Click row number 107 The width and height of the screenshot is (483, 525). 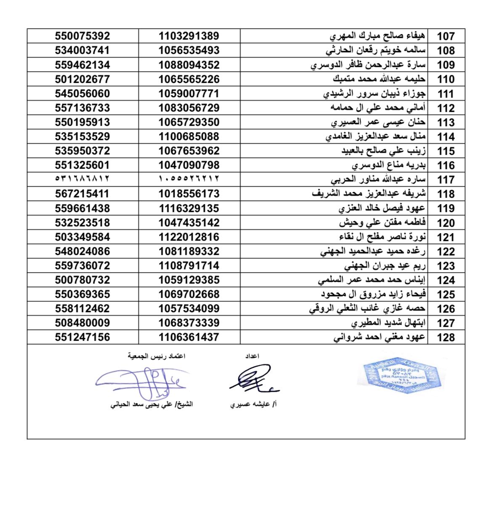tap(446, 36)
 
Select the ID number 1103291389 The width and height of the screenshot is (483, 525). tap(189, 36)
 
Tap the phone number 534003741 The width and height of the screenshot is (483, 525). tap(82, 50)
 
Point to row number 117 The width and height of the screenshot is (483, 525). tap(446, 180)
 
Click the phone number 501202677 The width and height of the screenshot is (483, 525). tap(82, 79)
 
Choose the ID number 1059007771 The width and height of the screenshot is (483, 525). tap(189, 93)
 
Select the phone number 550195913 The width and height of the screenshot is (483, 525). tap(82, 122)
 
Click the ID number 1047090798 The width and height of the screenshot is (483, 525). tap(189, 165)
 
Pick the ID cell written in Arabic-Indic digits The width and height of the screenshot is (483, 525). tap(189, 179)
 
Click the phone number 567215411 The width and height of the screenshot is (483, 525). tap(82, 194)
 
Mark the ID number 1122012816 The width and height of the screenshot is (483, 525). tap(189, 237)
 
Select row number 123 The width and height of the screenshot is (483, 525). tap(446, 266)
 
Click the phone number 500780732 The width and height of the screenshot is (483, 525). tap(82, 280)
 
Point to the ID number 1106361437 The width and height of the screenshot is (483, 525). tap(189, 337)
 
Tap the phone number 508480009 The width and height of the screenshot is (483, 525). tap(82, 323)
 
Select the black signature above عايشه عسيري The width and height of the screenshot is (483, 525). tap(252, 379)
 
